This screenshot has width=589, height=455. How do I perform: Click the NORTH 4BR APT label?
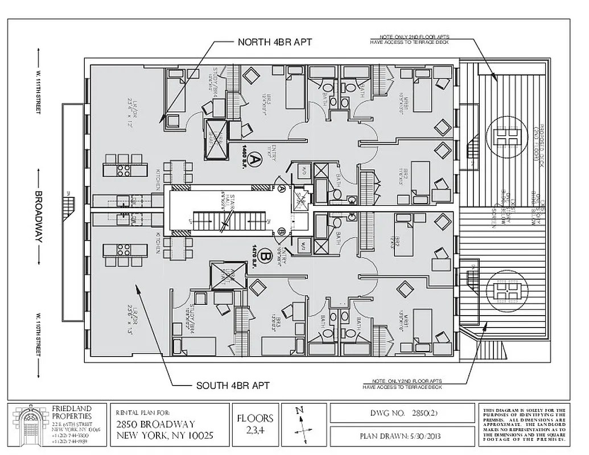[x=274, y=42]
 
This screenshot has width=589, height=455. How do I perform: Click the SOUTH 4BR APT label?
[x=233, y=386]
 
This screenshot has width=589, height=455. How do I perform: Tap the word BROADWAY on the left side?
[x=39, y=216]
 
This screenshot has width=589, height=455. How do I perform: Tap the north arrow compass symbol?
[x=304, y=425]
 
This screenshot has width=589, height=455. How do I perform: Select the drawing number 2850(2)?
[x=401, y=415]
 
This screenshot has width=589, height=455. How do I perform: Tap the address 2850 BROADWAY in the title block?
[x=155, y=424]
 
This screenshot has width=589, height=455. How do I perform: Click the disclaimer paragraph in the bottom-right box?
[x=524, y=425]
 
